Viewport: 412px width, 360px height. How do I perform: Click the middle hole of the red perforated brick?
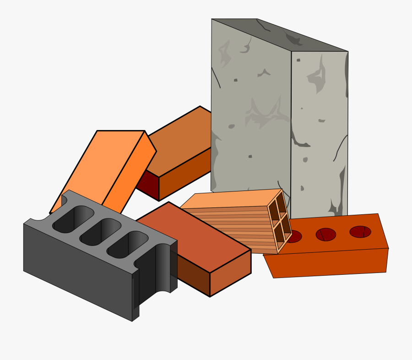tap(326, 235)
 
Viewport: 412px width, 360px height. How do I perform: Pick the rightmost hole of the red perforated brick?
tap(360, 232)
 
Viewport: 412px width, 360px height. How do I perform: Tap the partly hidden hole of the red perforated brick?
tap(294, 237)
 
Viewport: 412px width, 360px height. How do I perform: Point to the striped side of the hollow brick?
tap(233, 229)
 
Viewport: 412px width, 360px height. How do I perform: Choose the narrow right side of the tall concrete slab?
tap(319, 133)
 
